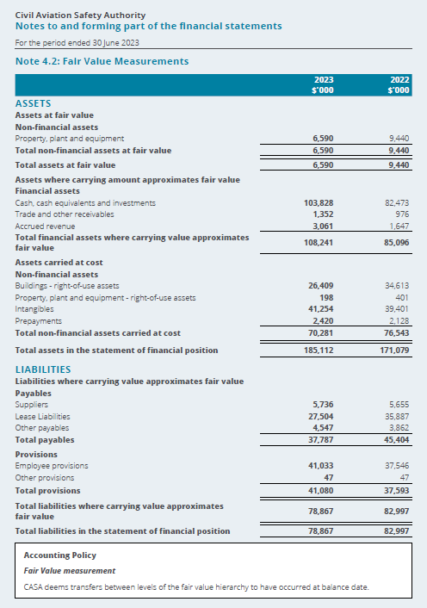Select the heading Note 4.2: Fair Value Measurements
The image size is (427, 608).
[102, 61]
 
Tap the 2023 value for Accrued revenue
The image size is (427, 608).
[323, 226]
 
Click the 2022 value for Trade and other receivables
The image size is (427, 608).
[402, 214]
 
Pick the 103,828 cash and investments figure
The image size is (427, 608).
[319, 202]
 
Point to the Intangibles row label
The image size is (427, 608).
[34, 309]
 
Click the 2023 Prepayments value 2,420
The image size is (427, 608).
[323, 321]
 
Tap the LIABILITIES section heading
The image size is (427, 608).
[43, 369]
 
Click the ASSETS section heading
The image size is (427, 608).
[34, 103]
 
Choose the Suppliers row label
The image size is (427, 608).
[32, 405]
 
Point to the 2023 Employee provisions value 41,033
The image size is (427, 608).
[321, 466]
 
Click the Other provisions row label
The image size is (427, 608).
[45, 478]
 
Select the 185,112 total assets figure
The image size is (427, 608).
[319, 351]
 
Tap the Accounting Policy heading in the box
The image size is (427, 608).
[60, 555]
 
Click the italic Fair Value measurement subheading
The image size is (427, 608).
[70, 571]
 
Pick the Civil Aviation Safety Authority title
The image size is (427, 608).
[81, 16]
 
